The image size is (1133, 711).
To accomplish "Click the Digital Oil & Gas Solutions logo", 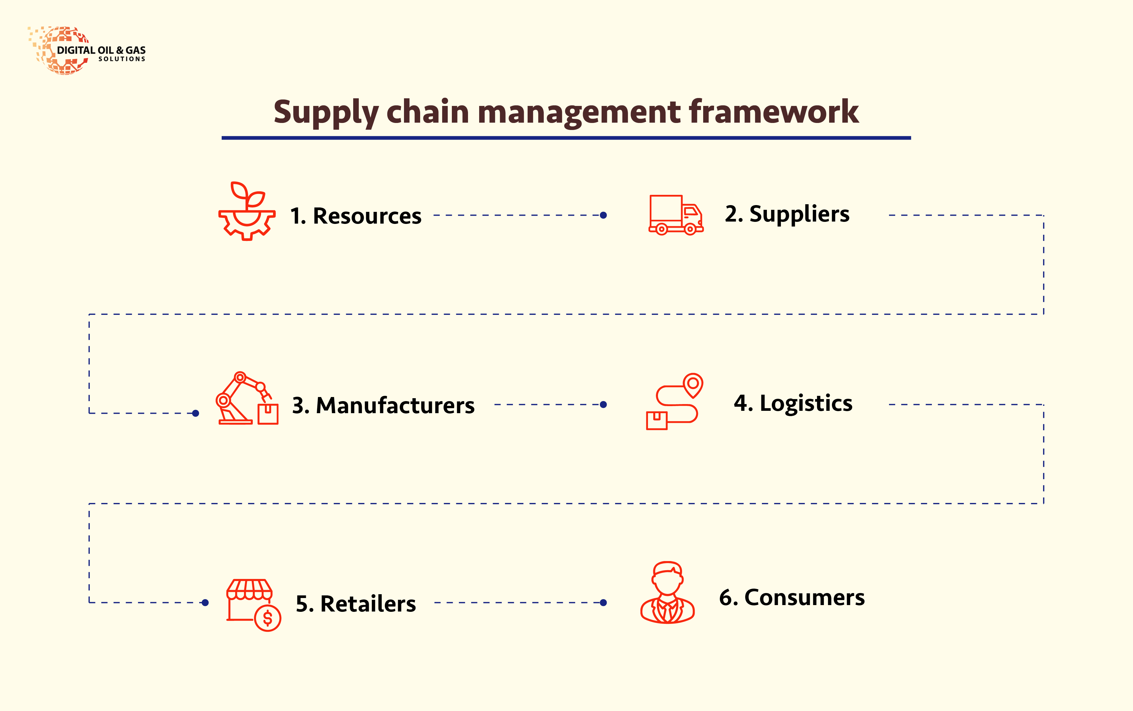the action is click(x=87, y=50).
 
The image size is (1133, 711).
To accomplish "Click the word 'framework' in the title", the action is click(x=774, y=112).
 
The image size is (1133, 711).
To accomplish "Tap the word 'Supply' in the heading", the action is click(x=326, y=113).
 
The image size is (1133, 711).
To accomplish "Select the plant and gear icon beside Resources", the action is click(x=247, y=211).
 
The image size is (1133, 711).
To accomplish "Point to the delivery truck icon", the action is click(x=676, y=215).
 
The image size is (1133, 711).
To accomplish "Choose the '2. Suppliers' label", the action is click(x=787, y=214).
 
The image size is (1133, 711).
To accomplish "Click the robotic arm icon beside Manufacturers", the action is click(x=247, y=398).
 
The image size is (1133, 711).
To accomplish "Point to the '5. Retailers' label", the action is click(x=356, y=604).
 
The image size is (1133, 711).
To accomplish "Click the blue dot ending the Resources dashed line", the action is click(x=603, y=215).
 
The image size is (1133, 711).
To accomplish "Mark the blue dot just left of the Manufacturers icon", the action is click(x=196, y=413).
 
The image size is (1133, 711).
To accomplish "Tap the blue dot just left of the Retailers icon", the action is click(x=205, y=602).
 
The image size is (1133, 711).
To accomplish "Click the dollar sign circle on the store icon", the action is click(x=268, y=618).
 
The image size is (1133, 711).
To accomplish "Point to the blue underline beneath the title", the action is click(x=566, y=138).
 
